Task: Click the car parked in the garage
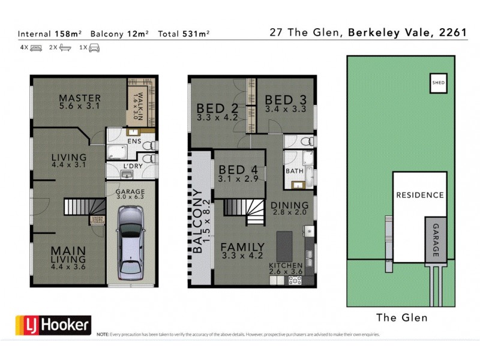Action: coord(130,242)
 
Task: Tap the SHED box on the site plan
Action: coord(439,83)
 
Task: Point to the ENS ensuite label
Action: coord(134,142)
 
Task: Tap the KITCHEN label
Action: coord(286,266)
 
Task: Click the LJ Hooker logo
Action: coord(53,325)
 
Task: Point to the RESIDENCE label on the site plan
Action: coord(419,195)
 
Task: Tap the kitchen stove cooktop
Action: coord(295,279)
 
